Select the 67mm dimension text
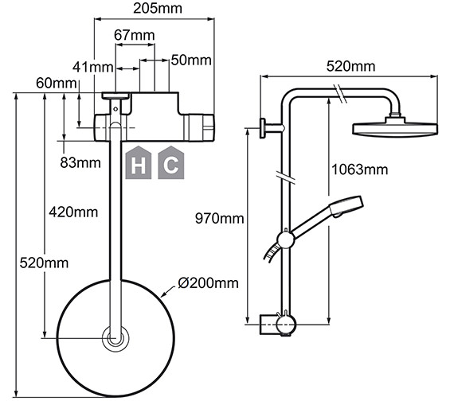pyautogui.click(x=134, y=35)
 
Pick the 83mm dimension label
pyautogui.click(x=80, y=162)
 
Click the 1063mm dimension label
pyautogui.click(x=359, y=169)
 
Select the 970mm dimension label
pyautogui.click(x=221, y=217)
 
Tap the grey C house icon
pyautogui.click(x=170, y=164)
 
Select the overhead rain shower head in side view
pyautogui.click(x=396, y=128)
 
